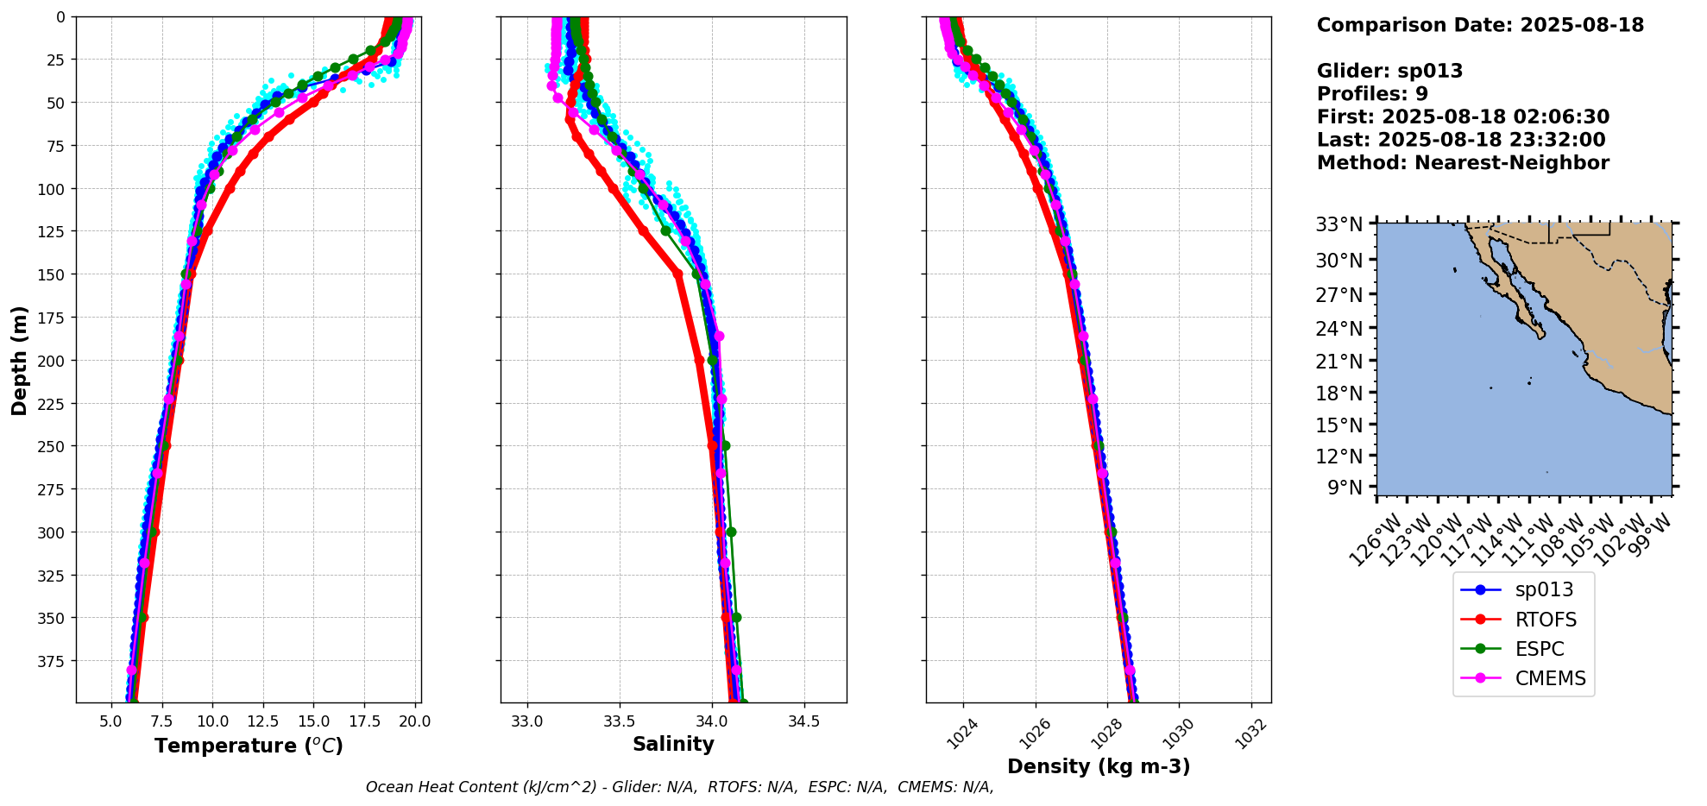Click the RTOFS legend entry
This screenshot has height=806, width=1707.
coord(1545,620)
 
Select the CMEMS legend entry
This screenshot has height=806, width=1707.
coord(1550,678)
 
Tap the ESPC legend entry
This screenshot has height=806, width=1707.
coord(1539,649)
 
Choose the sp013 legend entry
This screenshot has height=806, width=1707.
coord(1544,590)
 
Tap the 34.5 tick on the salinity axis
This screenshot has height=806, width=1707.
coord(803,721)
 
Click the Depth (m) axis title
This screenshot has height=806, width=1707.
coord(19,360)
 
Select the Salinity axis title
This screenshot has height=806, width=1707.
coord(673,745)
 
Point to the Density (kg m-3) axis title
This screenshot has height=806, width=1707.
coord(1099,766)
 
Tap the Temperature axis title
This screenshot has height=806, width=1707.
coord(249,746)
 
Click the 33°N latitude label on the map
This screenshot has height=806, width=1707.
coord(1339,225)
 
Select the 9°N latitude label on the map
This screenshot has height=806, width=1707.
coord(1345,488)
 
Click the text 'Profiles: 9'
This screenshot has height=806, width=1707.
coord(1372,94)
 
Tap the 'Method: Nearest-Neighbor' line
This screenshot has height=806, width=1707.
coord(1463,163)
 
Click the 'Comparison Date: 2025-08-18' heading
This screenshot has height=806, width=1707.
coord(1480,25)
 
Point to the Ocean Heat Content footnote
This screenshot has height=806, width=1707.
coord(679,787)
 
